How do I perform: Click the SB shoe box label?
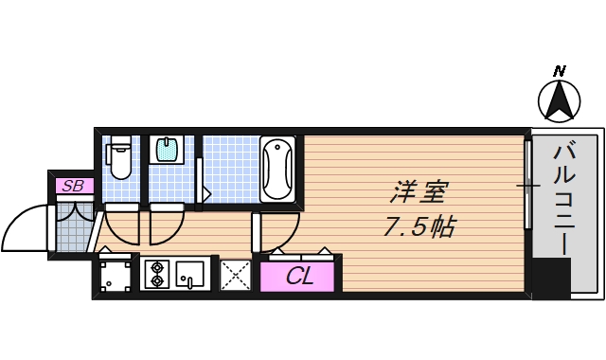pos(71,186)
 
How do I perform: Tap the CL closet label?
pos(299,278)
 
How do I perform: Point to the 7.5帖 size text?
pos(420,227)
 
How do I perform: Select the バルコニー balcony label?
pos(565,197)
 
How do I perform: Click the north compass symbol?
pos(559,99)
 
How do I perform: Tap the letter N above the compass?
pos(560,71)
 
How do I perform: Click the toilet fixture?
pos(119,159)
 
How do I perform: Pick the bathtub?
pos(278,169)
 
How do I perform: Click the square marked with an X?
pos(234,276)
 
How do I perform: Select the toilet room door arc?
pos(121,225)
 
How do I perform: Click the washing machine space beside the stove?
pos(116,276)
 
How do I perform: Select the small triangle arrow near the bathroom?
pos(205,192)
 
